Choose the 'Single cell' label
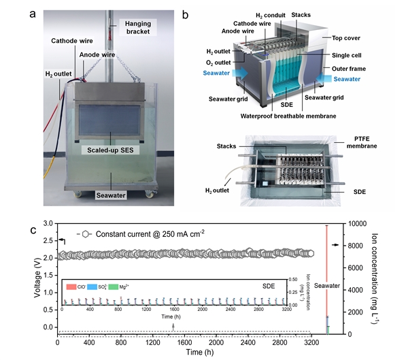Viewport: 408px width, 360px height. click(x=350, y=54)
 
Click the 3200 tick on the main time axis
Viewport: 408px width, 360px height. click(x=311, y=343)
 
